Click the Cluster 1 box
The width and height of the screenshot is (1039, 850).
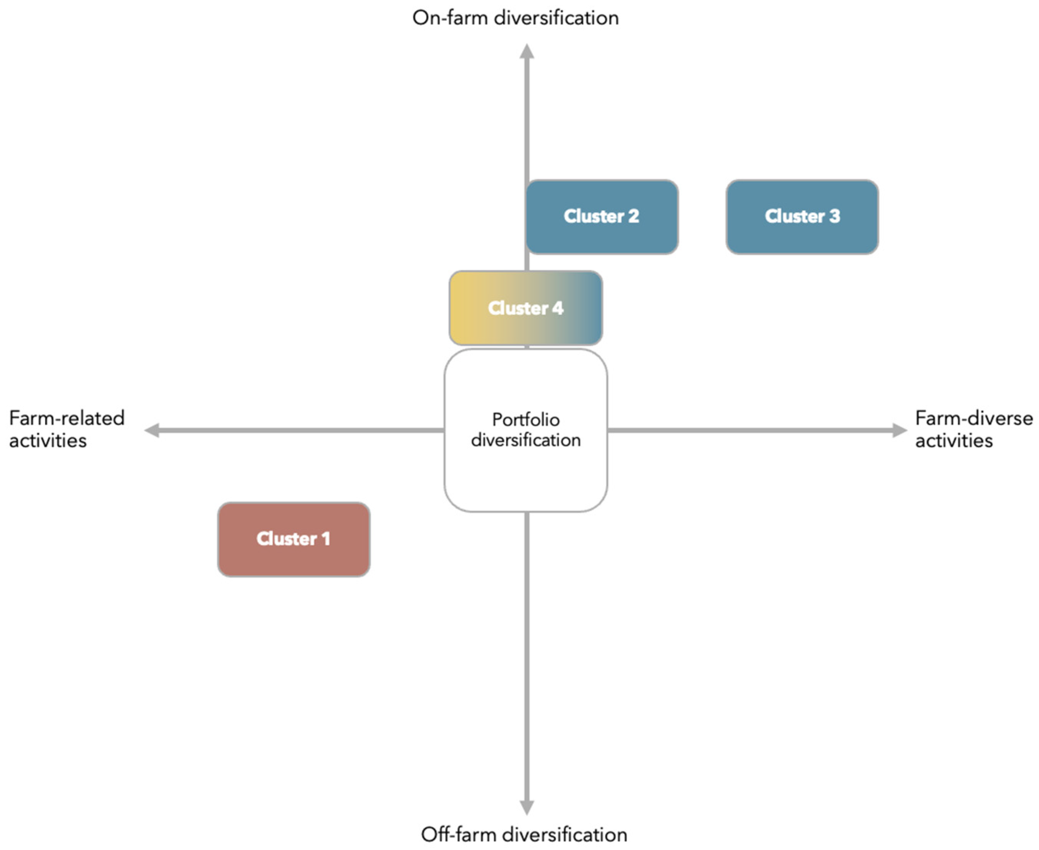pyautogui.click(x=293, y=539)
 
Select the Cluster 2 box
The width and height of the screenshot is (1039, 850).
pyautogui.click(x=602, y=217)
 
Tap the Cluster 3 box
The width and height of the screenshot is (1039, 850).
pyautogui.click(x=802, y=217)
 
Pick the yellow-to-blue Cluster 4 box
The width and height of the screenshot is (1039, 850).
pyautogui.click(x=525, y=308)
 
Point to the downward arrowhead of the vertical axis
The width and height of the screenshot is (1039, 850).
pyautogui.click(x=527, y=807)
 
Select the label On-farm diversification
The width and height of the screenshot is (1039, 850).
pyautogui.click(x=515, y=18)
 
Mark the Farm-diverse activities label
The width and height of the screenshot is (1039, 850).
pyautogui.click(x=973, y=429)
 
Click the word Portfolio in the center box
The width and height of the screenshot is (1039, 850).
pyautogui.click(x=525, y=420)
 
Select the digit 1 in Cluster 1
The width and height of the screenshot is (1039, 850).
pyautogui.click(x=325, y=539)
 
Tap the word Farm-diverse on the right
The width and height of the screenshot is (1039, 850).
pyautogui.click(x=973, y=418)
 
